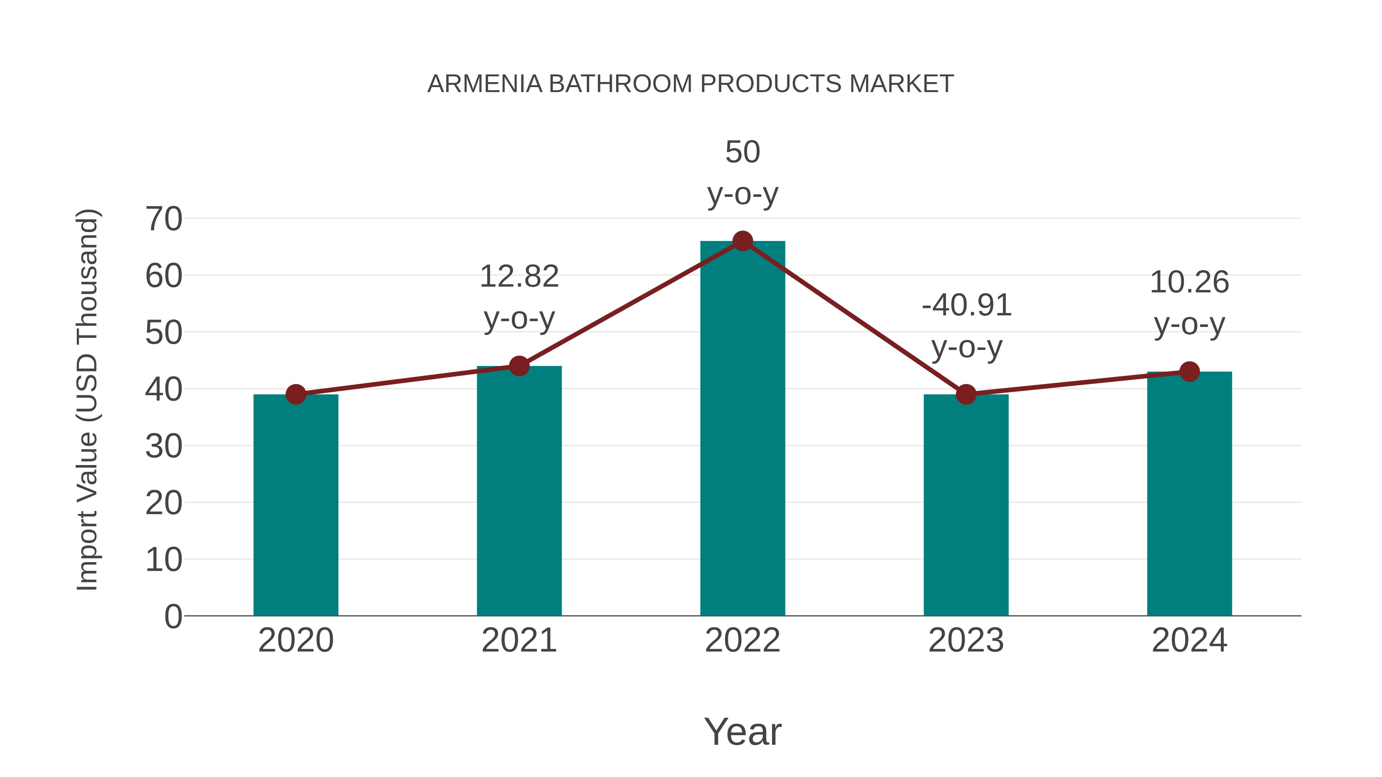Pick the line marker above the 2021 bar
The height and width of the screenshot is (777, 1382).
519,366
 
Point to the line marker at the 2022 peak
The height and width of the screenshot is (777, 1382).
742,241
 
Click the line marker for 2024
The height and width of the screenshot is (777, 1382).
1189,371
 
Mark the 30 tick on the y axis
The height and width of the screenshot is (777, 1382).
164,446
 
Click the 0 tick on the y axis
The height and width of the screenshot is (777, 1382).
173,616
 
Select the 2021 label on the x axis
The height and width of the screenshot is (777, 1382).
519,640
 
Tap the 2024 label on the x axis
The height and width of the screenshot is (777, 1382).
1189,640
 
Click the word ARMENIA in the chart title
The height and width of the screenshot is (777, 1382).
484,84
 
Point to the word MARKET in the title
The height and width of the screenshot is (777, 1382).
901,84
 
